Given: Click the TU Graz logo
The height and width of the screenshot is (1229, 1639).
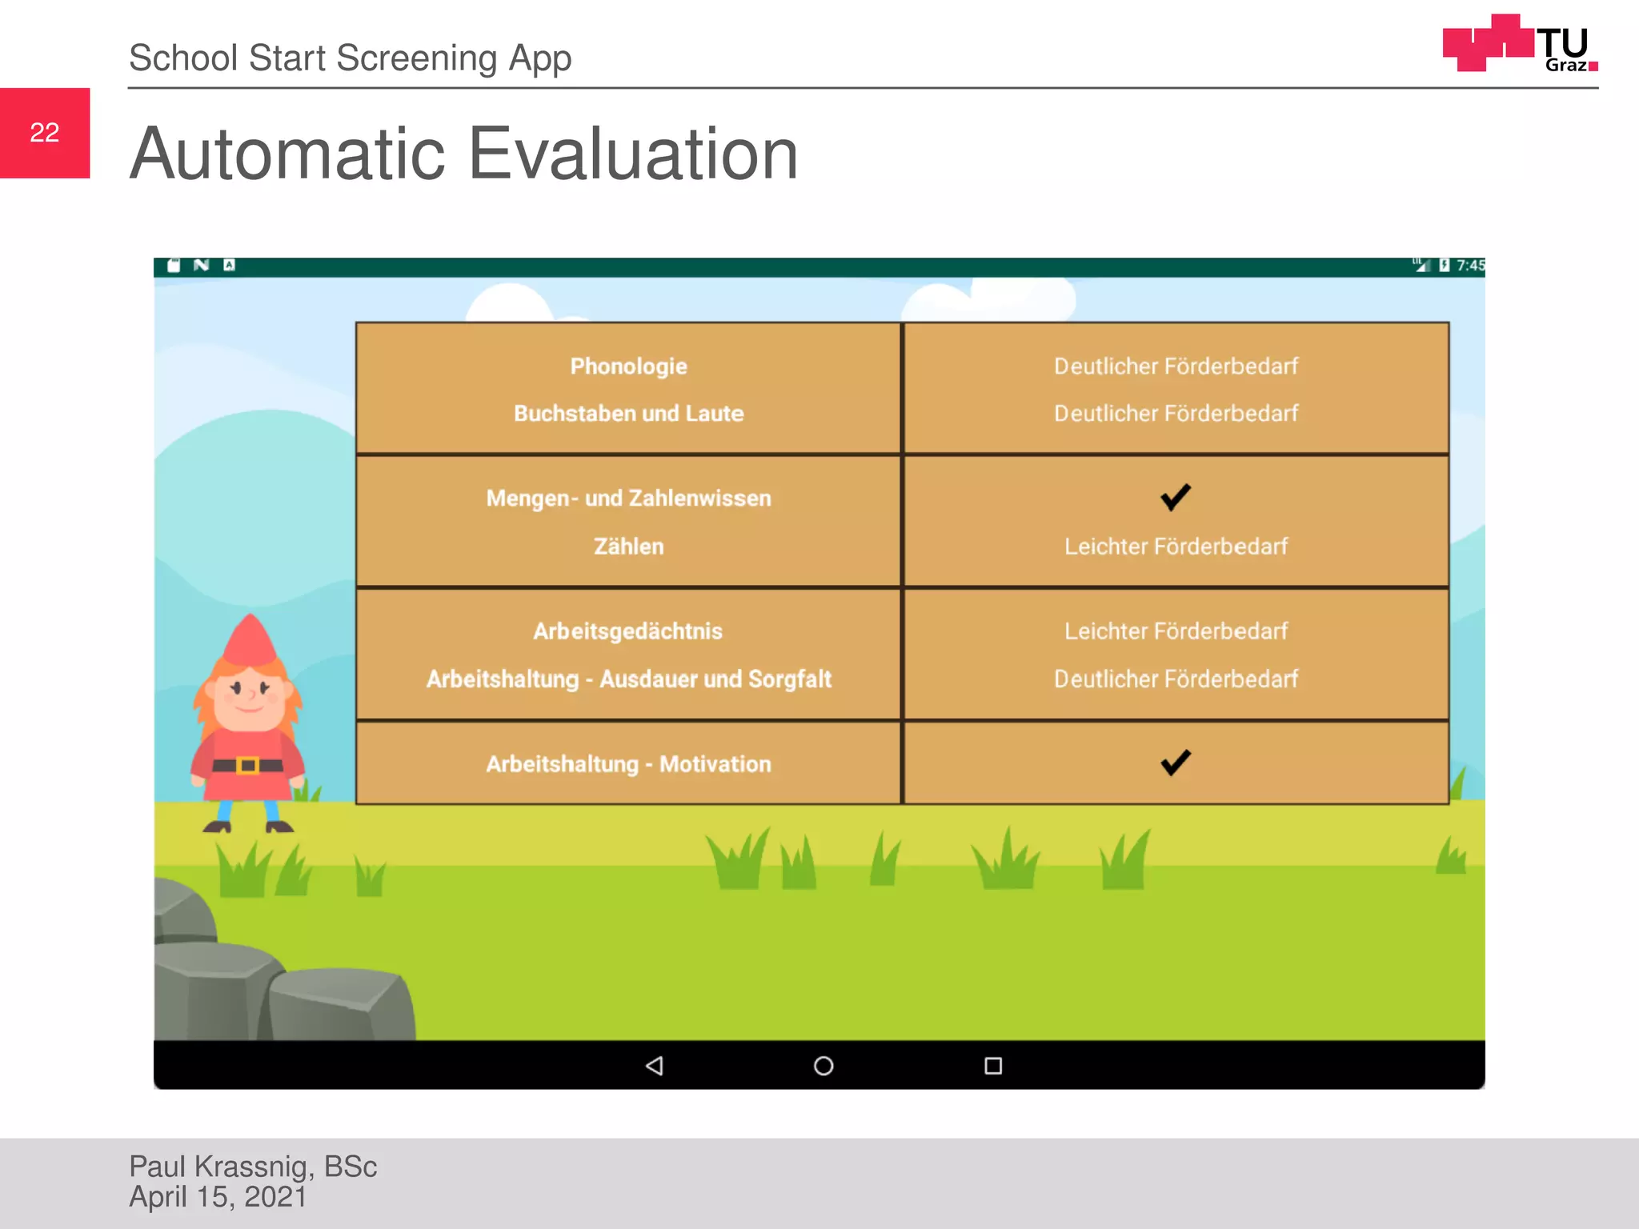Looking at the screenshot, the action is click(x=1518, y=44).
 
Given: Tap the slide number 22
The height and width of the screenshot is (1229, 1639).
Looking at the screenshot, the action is click(x=45, y=133).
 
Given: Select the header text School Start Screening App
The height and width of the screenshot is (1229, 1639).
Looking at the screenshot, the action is click(x=350, y=58).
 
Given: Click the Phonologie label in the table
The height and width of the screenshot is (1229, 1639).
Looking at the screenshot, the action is click(x=628, y=366).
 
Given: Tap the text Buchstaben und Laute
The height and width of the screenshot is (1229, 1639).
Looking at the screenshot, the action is click(x=628, y=414).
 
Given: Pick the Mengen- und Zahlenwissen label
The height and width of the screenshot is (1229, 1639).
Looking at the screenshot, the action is click(x=628, y=498).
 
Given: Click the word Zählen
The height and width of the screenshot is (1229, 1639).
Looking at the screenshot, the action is click(x=628, y=546).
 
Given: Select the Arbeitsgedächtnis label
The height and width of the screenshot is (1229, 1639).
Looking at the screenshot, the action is click(x=628, y=631).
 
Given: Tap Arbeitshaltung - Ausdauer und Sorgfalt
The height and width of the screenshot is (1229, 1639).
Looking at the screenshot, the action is click(x=628, y=679).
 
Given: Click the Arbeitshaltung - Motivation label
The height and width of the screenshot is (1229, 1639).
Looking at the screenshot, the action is click(x=628, y=764).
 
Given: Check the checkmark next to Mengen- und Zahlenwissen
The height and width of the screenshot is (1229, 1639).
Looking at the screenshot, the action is click(x=1175, y=497).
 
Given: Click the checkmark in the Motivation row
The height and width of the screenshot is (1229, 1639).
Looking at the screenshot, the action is click(x=1175, y=763).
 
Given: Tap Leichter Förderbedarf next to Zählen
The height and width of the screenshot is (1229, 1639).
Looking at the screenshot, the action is click(x=1175, y=546).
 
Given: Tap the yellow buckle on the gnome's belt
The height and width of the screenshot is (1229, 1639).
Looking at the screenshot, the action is click(x=248, y=766).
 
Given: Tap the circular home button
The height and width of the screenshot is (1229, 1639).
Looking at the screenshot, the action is click(x=824, y=1066).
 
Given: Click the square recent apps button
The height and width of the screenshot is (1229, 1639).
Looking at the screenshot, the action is click(x=993, y=1066).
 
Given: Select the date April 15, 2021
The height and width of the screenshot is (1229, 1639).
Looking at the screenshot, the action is click(x=218, y=1197).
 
